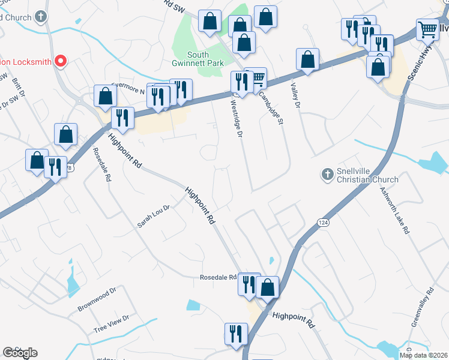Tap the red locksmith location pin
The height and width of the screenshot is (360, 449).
click(x=60, y=61)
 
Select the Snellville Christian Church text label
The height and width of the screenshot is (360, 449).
click(x=367, y=175)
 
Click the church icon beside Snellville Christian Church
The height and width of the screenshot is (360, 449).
click(x=328, y=175)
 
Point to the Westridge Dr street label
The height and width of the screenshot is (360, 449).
click(x=237, y=118)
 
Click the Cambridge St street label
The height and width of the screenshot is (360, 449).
click(x=273, y=107)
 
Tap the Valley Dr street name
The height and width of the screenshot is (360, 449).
click(x=295, y=96)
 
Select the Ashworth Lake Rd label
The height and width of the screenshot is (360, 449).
click(x=394, y=209)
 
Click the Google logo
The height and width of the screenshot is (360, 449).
click(x=20, y=352)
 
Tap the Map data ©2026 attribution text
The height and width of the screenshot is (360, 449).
click(x=423, y=355)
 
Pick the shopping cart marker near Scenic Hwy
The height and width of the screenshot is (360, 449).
click(x=428, y=29)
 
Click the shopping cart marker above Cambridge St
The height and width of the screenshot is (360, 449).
click(x=256, y=78)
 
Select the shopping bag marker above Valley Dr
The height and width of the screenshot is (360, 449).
click(x=307, y=60)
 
